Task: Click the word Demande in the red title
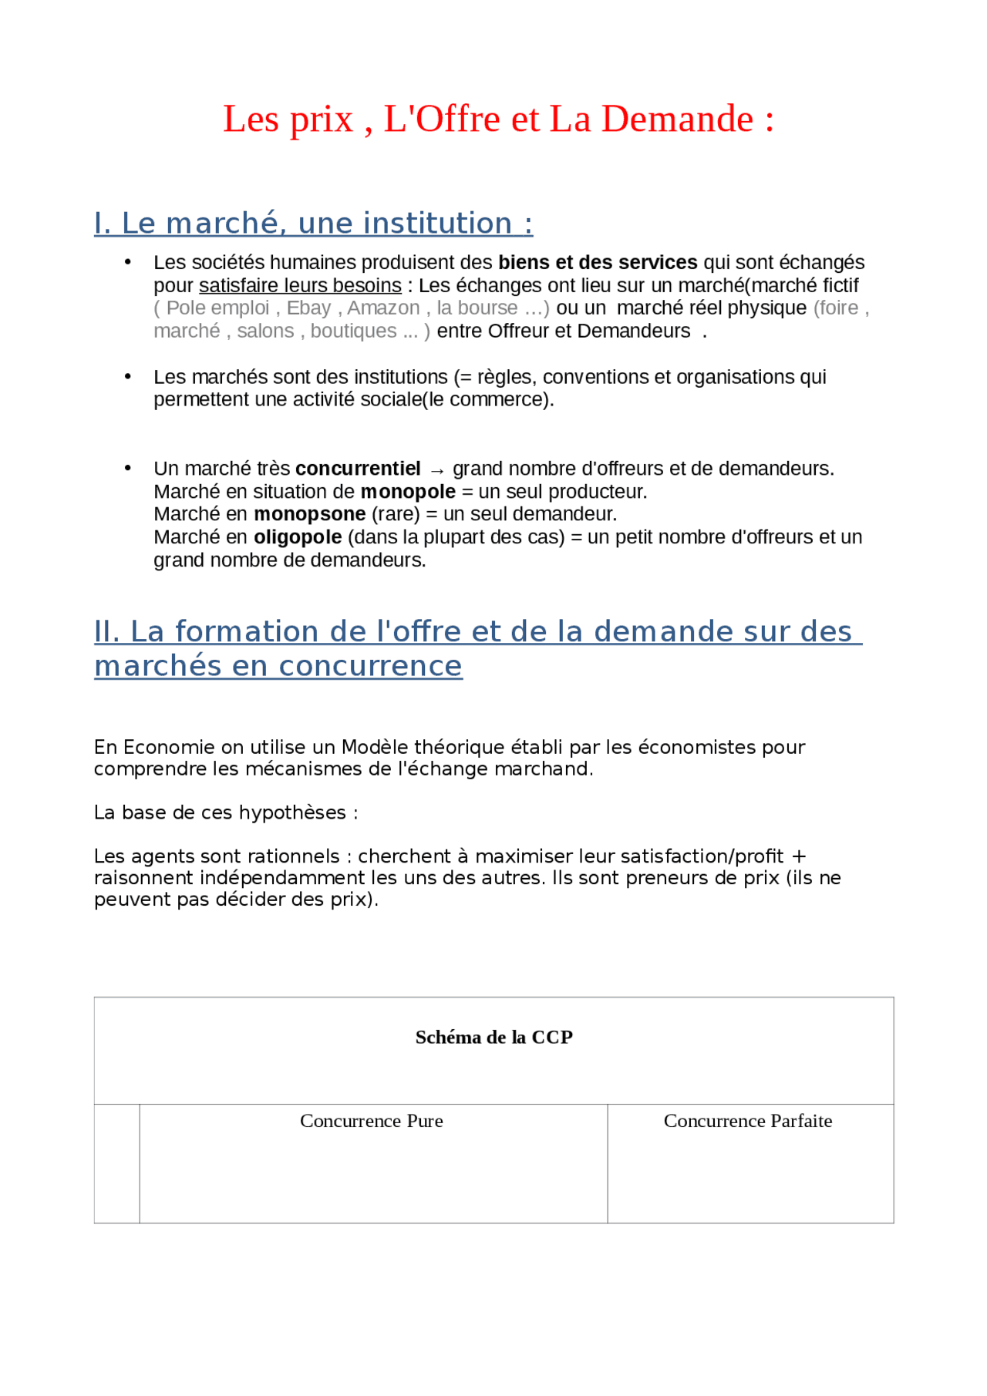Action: pyautogui.click(x=677, y=119)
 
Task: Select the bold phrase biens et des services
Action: pyautogui.click(x=598, y=263)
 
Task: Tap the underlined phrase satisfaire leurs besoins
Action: pyautogui.click(x=300, y=286)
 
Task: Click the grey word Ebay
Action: pyautogui.click(x=308, y=308)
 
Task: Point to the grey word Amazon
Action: pyautogui.click(x=383, y=308)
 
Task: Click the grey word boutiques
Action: pyautogui.click(x=353, y=331)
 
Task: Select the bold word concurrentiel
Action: pyautogui.click(x=358, y=469)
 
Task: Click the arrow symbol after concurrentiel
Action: pyautogui.click(x=437, y=470)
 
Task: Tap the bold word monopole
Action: pyautogui.click(x=408, y=492)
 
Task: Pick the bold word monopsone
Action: pyautogui.click(x=310, y=514)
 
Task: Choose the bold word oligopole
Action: pyautogui.click(x=298, y=537)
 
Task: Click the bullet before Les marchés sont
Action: pyautogui.click(x=128, y=377)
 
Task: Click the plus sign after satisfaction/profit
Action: pyautogui.click(x=799, y=856)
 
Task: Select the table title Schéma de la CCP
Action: pyautogui.click(x=493, y=1038)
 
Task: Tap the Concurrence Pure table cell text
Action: pyautogui.click(x=372, y=1121)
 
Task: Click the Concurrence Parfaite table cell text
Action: pyautogui.click(x=748, y=1121)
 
